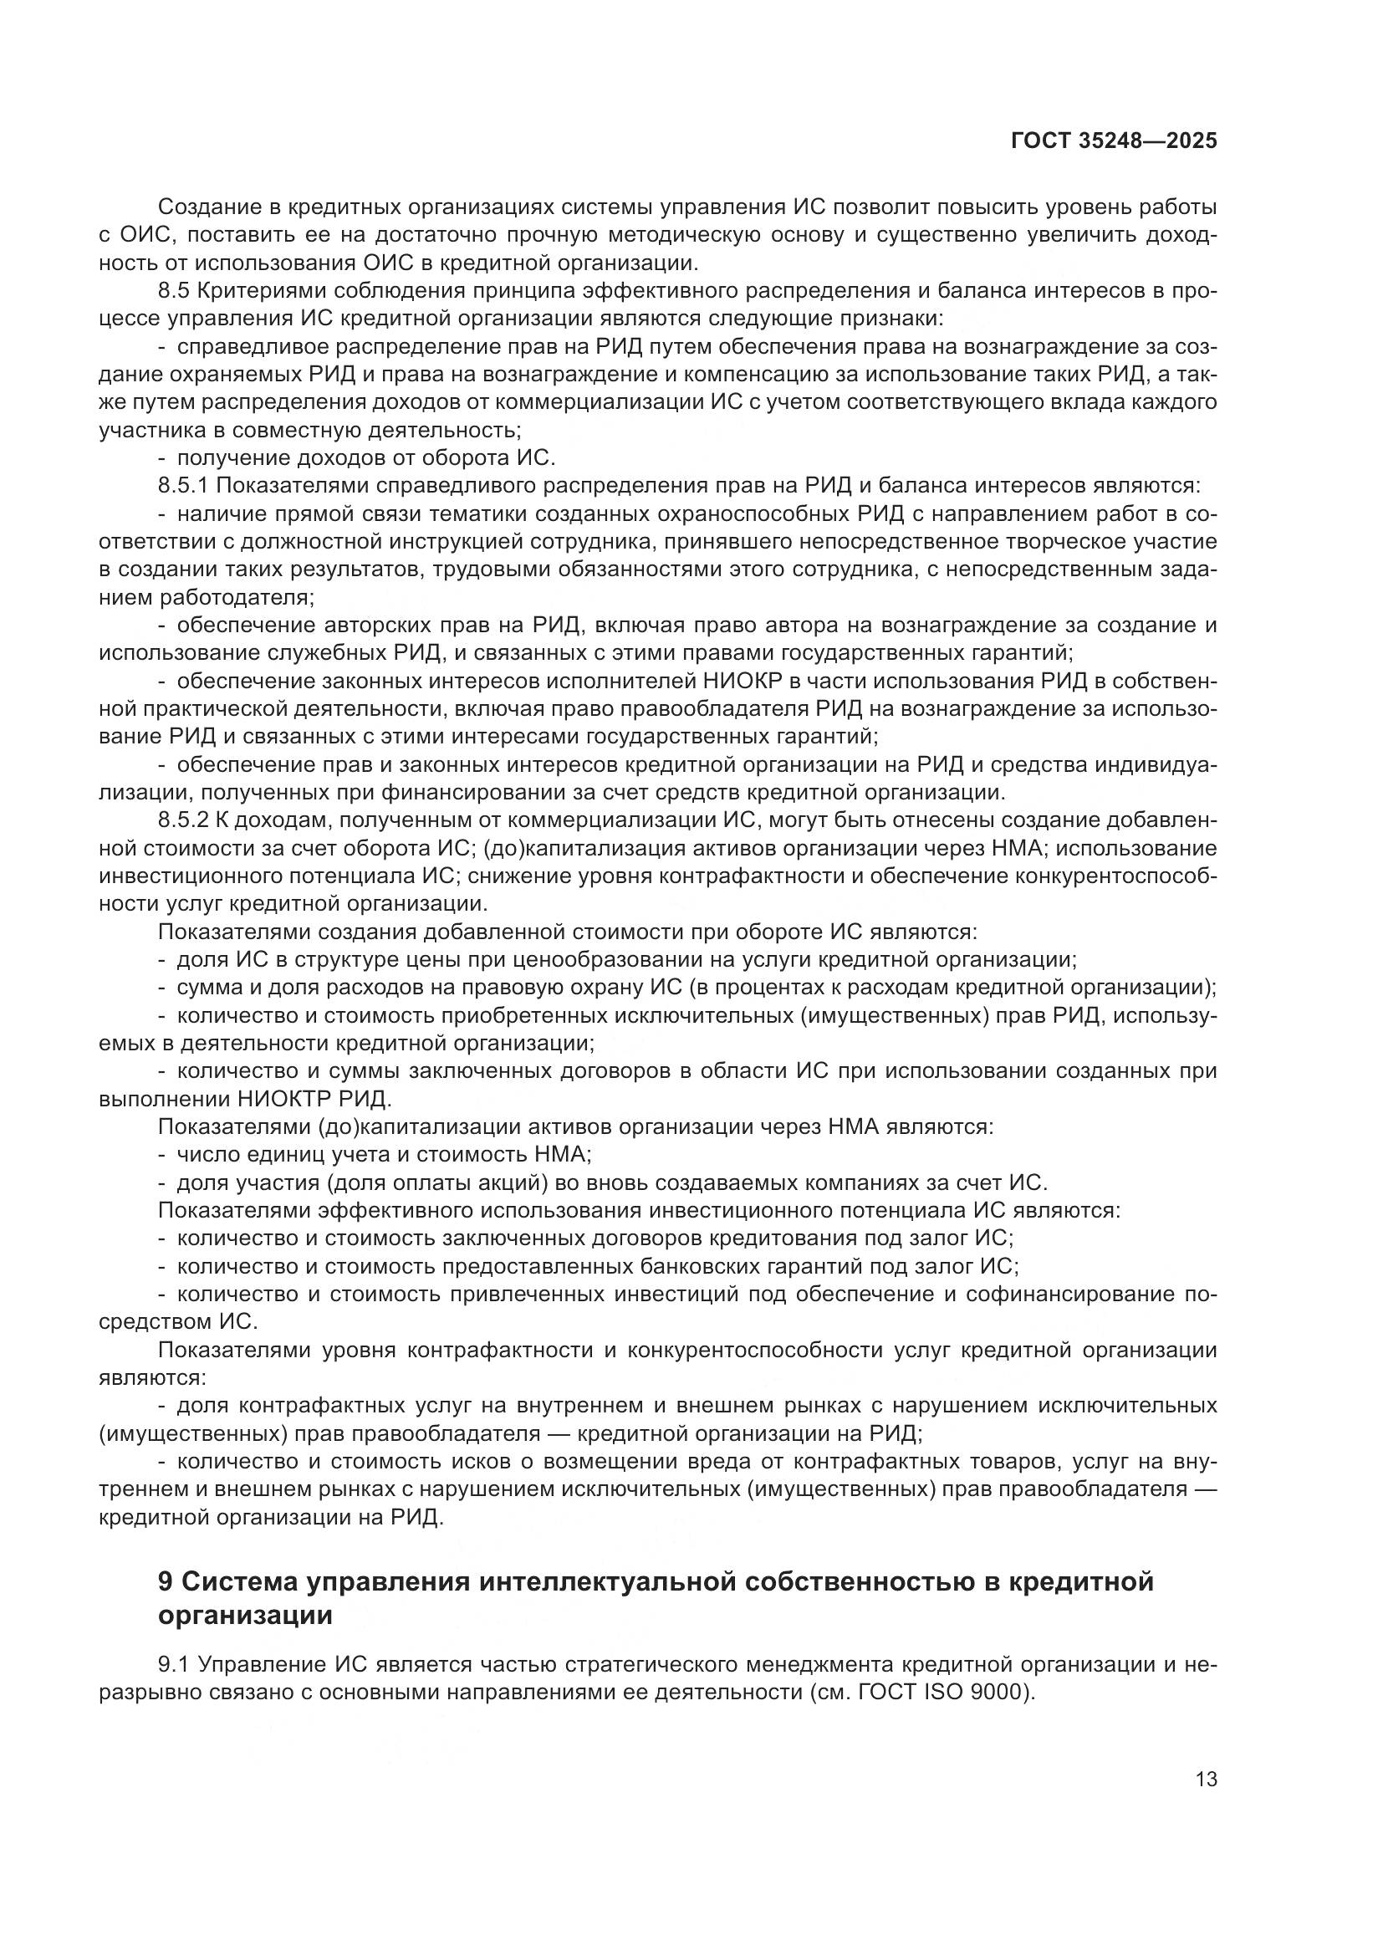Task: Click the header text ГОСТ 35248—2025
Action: [1113, 141]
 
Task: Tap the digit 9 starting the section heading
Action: [166, 1582]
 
